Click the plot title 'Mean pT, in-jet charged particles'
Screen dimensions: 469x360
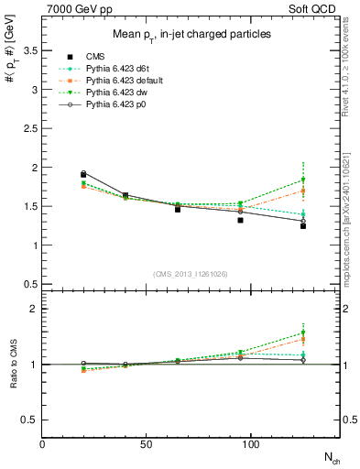191,35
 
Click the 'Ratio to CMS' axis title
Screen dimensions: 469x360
12,365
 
